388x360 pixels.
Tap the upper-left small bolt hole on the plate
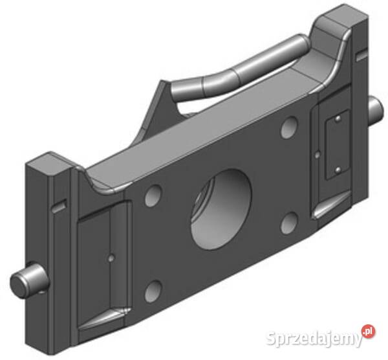pyautogui.click(x=153, y=194)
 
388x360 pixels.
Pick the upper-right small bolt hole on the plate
pyautogui.click(x=288, y=128)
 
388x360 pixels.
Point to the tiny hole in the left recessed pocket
pyautogui.click(x=112, y=258)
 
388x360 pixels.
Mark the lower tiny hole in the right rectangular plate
pyautogui.click(x=338, y=171)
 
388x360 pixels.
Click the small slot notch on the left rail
pyautogui.click(x=59, y=207)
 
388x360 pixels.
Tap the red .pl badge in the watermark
pyautogui.click(x=368, y=331)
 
